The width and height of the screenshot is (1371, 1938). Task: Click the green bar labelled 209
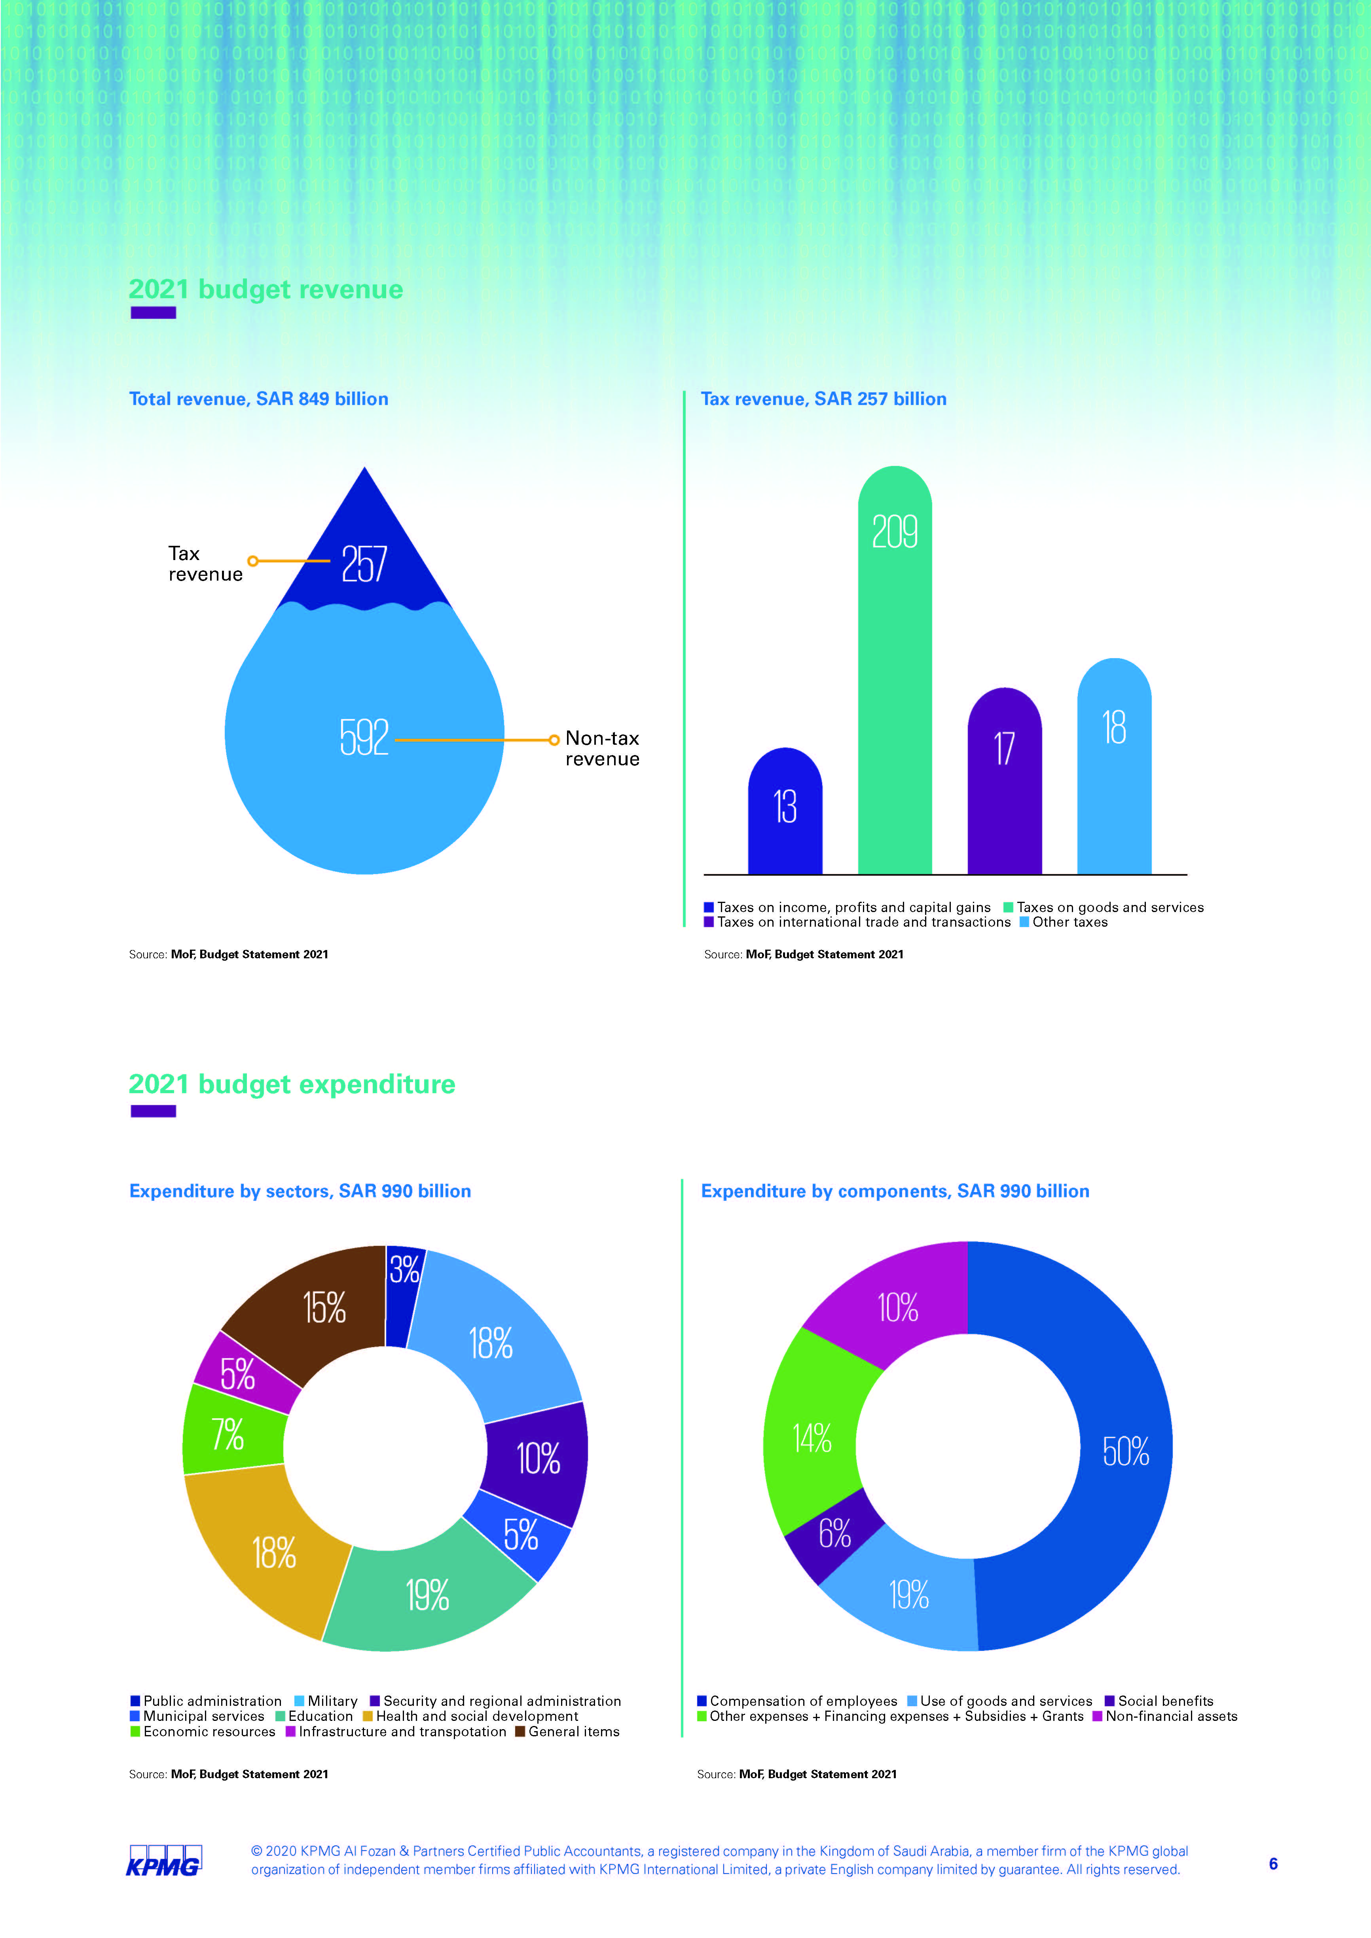(x=895, y=675)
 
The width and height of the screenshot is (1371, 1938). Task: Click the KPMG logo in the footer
(x=164, y=1861)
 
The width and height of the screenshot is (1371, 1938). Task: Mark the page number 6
(x=1273, y=1864)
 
